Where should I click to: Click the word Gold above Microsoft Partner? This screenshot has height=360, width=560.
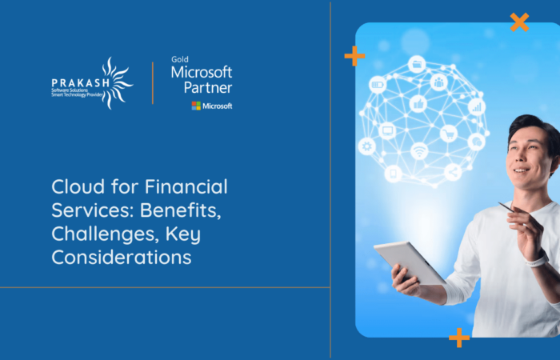[179, 59]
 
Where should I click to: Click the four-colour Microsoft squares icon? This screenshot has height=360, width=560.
[196, 106]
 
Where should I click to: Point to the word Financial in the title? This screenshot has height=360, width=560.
[187, 187]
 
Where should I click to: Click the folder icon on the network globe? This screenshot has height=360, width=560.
[416, 64]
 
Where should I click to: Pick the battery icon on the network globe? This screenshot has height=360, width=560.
[378, 84]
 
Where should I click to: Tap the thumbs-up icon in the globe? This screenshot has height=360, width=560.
[418, 103]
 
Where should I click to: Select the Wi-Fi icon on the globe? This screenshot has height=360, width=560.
[419, 150]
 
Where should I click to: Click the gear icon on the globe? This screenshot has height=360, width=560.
[367, 146]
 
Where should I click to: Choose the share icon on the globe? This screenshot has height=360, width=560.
[453, 171]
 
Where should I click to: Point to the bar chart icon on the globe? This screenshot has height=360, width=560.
[477, 106]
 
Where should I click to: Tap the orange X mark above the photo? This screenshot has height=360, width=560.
[519, 22]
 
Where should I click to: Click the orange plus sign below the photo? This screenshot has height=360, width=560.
[459, 337]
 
